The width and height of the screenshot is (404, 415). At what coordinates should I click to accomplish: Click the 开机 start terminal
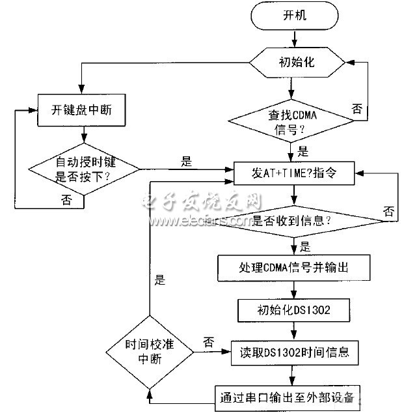294,16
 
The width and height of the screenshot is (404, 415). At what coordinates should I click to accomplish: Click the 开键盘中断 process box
81,109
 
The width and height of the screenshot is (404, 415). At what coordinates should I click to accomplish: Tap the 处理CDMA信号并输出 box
294,267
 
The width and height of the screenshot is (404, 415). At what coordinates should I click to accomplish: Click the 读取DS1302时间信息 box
294,352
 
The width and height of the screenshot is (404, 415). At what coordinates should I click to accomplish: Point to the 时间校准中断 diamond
150,352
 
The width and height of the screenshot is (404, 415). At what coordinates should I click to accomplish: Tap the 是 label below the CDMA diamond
303,152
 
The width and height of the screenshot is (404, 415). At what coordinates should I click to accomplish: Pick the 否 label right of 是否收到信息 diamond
388,210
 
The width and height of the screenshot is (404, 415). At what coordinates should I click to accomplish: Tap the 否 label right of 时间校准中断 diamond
208,342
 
